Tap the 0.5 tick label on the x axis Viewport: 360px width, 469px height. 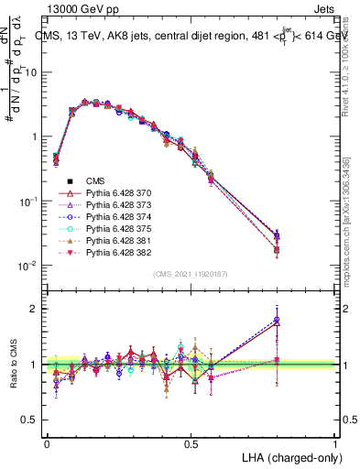(x=191, y=443)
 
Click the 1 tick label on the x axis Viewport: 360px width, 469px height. (x=336, y=443)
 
